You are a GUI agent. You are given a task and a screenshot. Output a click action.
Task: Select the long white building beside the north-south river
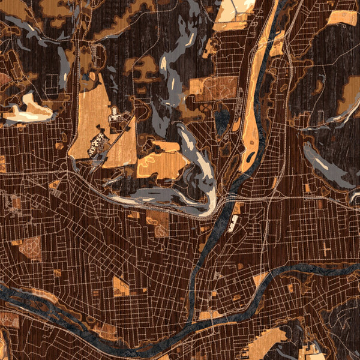click(233, 223)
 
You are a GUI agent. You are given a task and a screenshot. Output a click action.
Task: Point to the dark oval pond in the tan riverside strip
click(248, 159)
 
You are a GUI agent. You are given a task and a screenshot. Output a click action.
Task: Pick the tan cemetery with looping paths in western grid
click(30, 248)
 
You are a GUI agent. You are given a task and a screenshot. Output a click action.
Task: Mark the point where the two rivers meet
click(191, 324)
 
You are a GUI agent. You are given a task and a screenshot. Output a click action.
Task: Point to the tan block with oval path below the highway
click(158, 222)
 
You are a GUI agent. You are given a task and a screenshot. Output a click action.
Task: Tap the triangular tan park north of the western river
click(121, 287)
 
